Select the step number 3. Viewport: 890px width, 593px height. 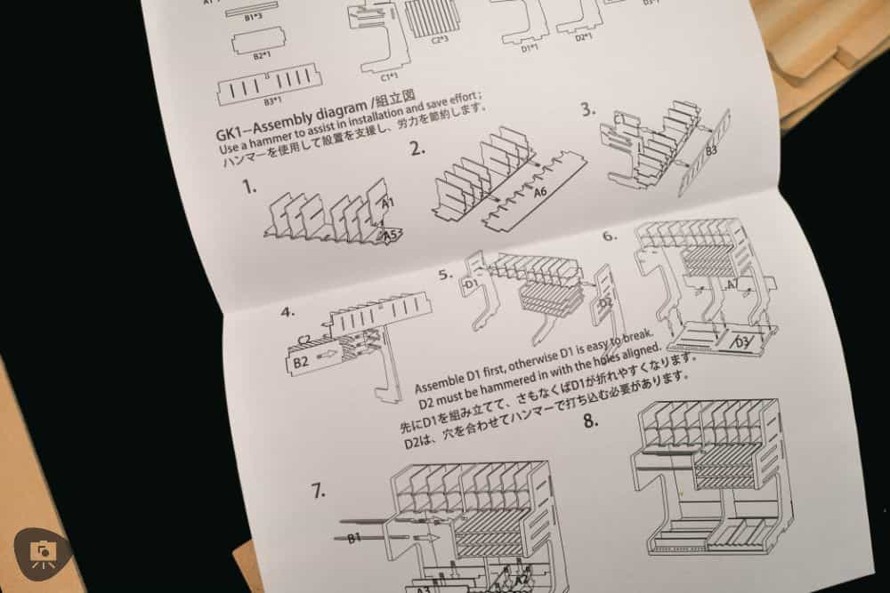click(x=587, y=109)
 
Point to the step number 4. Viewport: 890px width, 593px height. click(x=287, y=312)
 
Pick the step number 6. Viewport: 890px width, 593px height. click(x=609, y=236)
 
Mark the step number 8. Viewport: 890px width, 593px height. click(x=590, y=420)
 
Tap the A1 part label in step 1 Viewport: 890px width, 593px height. click(x=387, y=204)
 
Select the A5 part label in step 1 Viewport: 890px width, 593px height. click(x=390, y=235)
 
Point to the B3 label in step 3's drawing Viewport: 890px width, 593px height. click(x=710, y=152)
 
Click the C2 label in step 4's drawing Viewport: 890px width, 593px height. click(x=303, y=339)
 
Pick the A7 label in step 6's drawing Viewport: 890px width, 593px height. click(x=732, y=284)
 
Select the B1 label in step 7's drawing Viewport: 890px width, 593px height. click(x=353, y=537)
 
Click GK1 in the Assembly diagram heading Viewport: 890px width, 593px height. click(x=231, y=135)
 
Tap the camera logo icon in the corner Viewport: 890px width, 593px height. click(x=42, y=553)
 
